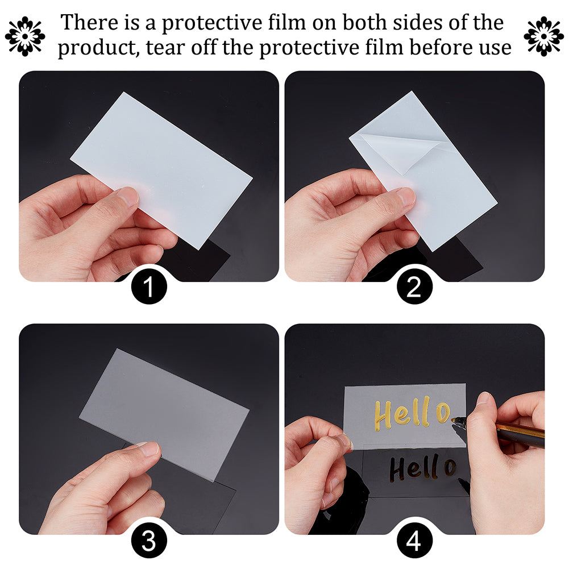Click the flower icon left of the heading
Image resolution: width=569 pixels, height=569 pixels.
coord(25,36)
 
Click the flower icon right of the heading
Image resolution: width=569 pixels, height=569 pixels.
coord(543,36)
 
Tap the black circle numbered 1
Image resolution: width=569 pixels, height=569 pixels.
coord(149,286)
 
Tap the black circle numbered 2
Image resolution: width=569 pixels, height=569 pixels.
coord(414,286)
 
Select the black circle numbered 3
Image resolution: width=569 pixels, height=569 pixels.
coord(149,541)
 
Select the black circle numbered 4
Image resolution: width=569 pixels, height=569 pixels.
coord(414,541)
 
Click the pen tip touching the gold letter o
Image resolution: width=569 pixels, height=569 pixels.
coord(453,420)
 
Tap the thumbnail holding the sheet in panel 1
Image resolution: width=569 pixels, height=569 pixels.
coord(128,197)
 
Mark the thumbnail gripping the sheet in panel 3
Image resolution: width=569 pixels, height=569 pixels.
coord(149,448)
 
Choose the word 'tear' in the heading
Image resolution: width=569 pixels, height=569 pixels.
coord(165,48)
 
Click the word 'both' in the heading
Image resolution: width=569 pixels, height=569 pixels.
coord(365,22)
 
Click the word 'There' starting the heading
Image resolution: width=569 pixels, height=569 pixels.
coord(89,22)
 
